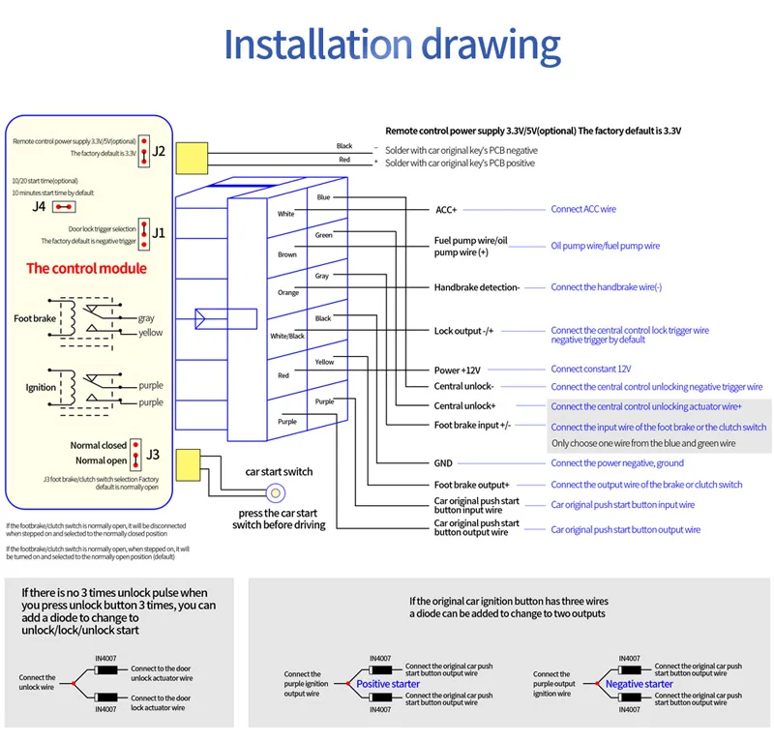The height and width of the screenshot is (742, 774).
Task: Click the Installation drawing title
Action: [392, 46]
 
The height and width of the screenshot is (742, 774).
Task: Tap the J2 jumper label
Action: [160, 151]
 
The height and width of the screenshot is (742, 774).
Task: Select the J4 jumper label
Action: [40, 206]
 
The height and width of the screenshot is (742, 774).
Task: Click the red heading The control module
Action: [86, 268]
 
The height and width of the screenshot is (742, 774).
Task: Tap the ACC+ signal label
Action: [445, 209]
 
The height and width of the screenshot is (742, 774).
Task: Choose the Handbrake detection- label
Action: [476, 287]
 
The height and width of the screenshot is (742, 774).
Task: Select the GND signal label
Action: [443, 463]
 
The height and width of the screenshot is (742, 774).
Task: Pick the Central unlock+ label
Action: [465, 406]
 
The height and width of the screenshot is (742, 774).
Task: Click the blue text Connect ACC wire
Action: [583, 209]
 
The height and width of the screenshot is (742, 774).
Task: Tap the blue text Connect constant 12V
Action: [590, 370]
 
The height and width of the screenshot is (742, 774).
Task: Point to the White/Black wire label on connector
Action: [287, 336]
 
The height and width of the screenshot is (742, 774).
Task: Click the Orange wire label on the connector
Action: [288, 292]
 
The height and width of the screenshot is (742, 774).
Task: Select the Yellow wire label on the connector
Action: [324, 362]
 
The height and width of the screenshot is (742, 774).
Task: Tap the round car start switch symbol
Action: [274, 493]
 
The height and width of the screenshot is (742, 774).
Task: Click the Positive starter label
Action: [389, 684]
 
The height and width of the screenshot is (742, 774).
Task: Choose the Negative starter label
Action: [639, 684]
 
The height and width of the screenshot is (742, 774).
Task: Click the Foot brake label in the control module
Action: [35, 318]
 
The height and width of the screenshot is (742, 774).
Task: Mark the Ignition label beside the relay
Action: [41, 388]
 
